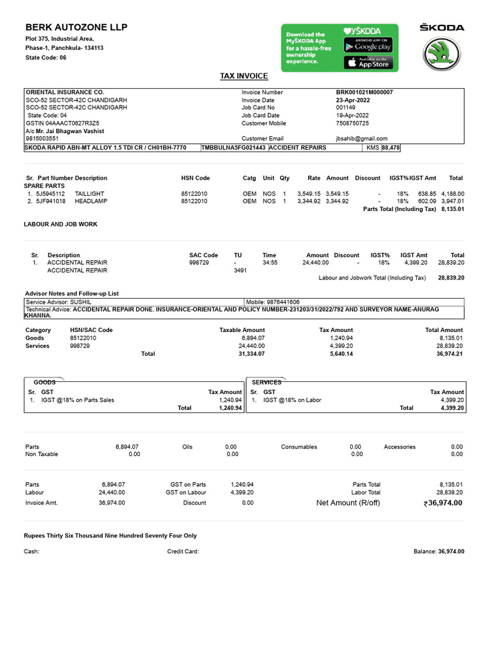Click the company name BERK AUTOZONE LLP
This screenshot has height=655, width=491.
click(76, 28)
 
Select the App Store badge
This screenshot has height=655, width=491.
click(368, 62)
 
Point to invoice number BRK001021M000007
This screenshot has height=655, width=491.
click(364, 92)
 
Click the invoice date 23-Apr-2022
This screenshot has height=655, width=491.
click(353, 100)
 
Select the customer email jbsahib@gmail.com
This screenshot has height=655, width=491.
click(361, 138)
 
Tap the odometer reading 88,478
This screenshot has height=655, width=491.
click(391, 148)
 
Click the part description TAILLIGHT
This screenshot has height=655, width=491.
click(89, 193)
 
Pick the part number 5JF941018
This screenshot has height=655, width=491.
click(51, 201)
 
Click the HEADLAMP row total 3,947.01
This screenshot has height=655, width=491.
click(452, 201)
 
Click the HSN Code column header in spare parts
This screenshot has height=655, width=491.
click(195, 178)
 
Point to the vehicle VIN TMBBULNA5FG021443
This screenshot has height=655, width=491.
click(234, 148)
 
